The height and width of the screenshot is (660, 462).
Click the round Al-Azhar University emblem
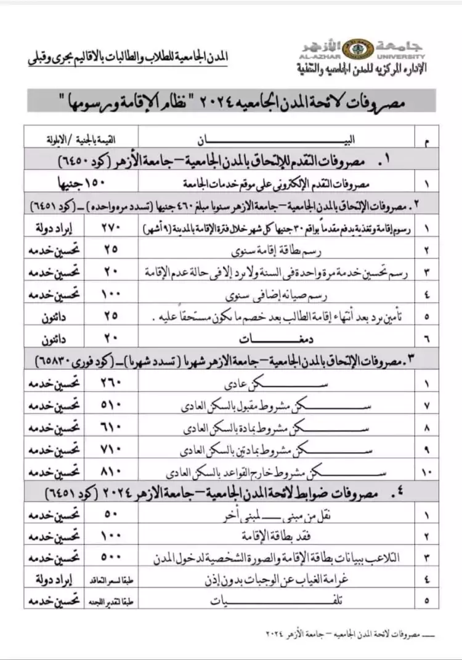click(352, 49)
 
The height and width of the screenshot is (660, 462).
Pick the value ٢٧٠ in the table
click(113, 229)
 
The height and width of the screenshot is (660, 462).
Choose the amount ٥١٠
click(113, 407)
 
